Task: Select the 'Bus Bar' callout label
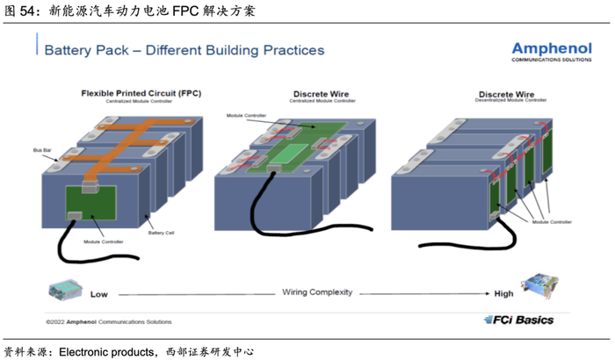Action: [41, 150]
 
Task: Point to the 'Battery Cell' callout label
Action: [162, 233]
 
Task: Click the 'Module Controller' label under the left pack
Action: [104, 241]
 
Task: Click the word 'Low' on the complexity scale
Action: [98, 293]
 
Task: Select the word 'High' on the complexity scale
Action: [504, 293]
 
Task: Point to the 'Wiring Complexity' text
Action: [316, 292]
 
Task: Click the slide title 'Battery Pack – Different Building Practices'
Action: [184, 50]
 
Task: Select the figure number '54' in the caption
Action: [27, 11]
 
